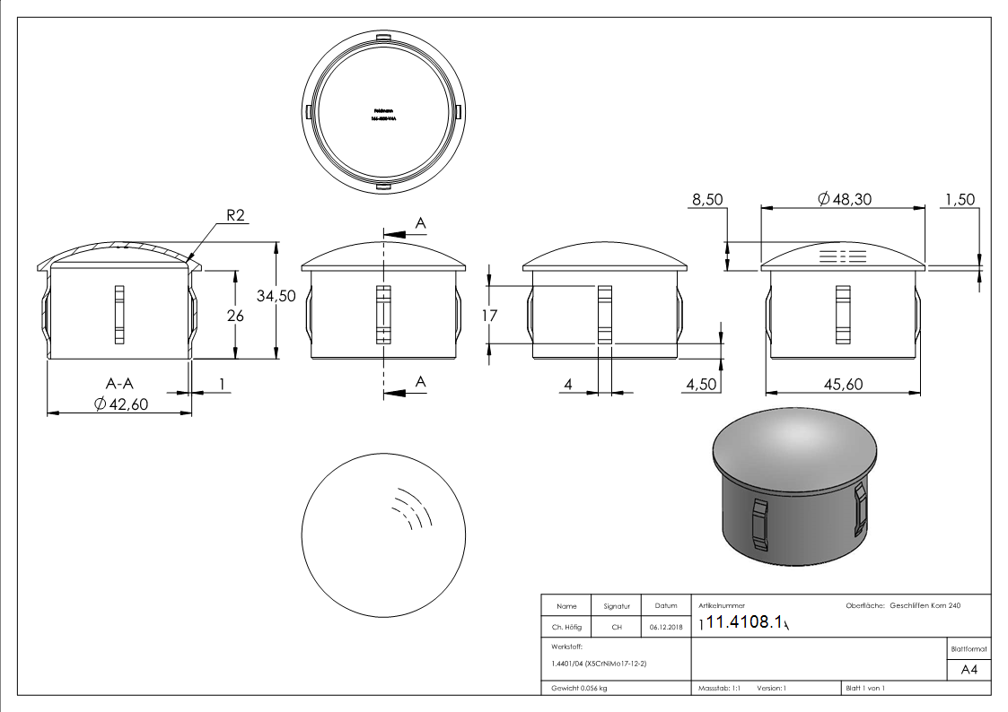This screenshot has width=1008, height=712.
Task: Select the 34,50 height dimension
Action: pyautogui.click(x=276, y=298)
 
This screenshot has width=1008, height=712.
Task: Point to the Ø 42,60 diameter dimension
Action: pyautogui.click(x=121, y=404)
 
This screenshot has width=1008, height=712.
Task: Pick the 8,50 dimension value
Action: pyautogui.click(x=707, y=198)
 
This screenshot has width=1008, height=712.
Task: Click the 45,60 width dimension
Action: pyautogui.click(x=842, y=384)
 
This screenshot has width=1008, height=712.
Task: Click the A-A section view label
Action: pyautogui.click(x=120, y=384)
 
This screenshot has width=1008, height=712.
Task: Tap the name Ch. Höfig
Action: pyautogui.click(x=567, y=627)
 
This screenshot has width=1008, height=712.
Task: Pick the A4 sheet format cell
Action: pyautogui.click(x=968, y=670)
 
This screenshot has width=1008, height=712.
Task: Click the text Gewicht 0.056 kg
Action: pyautogui.click(x=581, y=688)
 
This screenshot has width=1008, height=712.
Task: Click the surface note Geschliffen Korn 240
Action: pyautogui.click(x=925, y=606)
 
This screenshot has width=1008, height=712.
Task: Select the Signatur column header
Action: pyautogui.click(x=616, y=607)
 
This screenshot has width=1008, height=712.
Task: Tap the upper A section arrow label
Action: pyautogui.click(x=420, y=222)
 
